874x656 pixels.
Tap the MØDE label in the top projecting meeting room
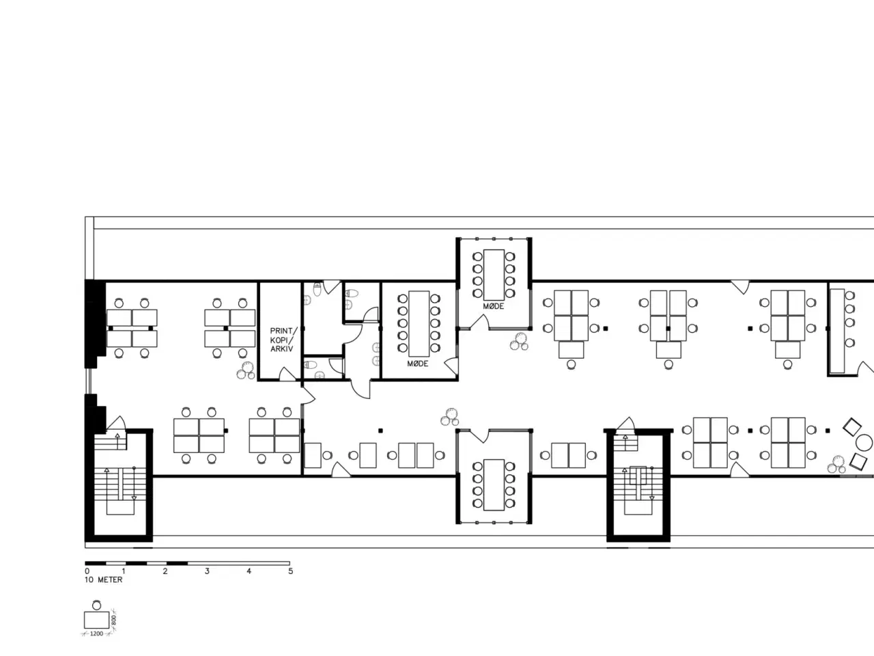coord(494,306)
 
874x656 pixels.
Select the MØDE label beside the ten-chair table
coord(418,364)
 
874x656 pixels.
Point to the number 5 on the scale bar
coord(291,571)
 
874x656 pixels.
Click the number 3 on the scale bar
coord(207,571)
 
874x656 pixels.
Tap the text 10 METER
coord(104,580)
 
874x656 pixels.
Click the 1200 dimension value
coord(96,633)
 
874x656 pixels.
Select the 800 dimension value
coord(114,620)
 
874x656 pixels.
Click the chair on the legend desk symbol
coord(96,605)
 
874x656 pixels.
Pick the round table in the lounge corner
coord(864,443)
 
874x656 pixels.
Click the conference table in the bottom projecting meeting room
coord(494,484)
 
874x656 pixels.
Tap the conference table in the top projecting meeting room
coord(494,275)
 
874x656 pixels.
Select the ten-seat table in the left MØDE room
coord(419,323)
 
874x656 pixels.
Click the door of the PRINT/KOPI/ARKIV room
coord(287,374)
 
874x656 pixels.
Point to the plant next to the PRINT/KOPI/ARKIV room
coord(246,371)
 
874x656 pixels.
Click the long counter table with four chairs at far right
coord(837,331)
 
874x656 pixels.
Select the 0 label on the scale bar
coord(87,571)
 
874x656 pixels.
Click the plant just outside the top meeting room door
coord(519,342)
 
